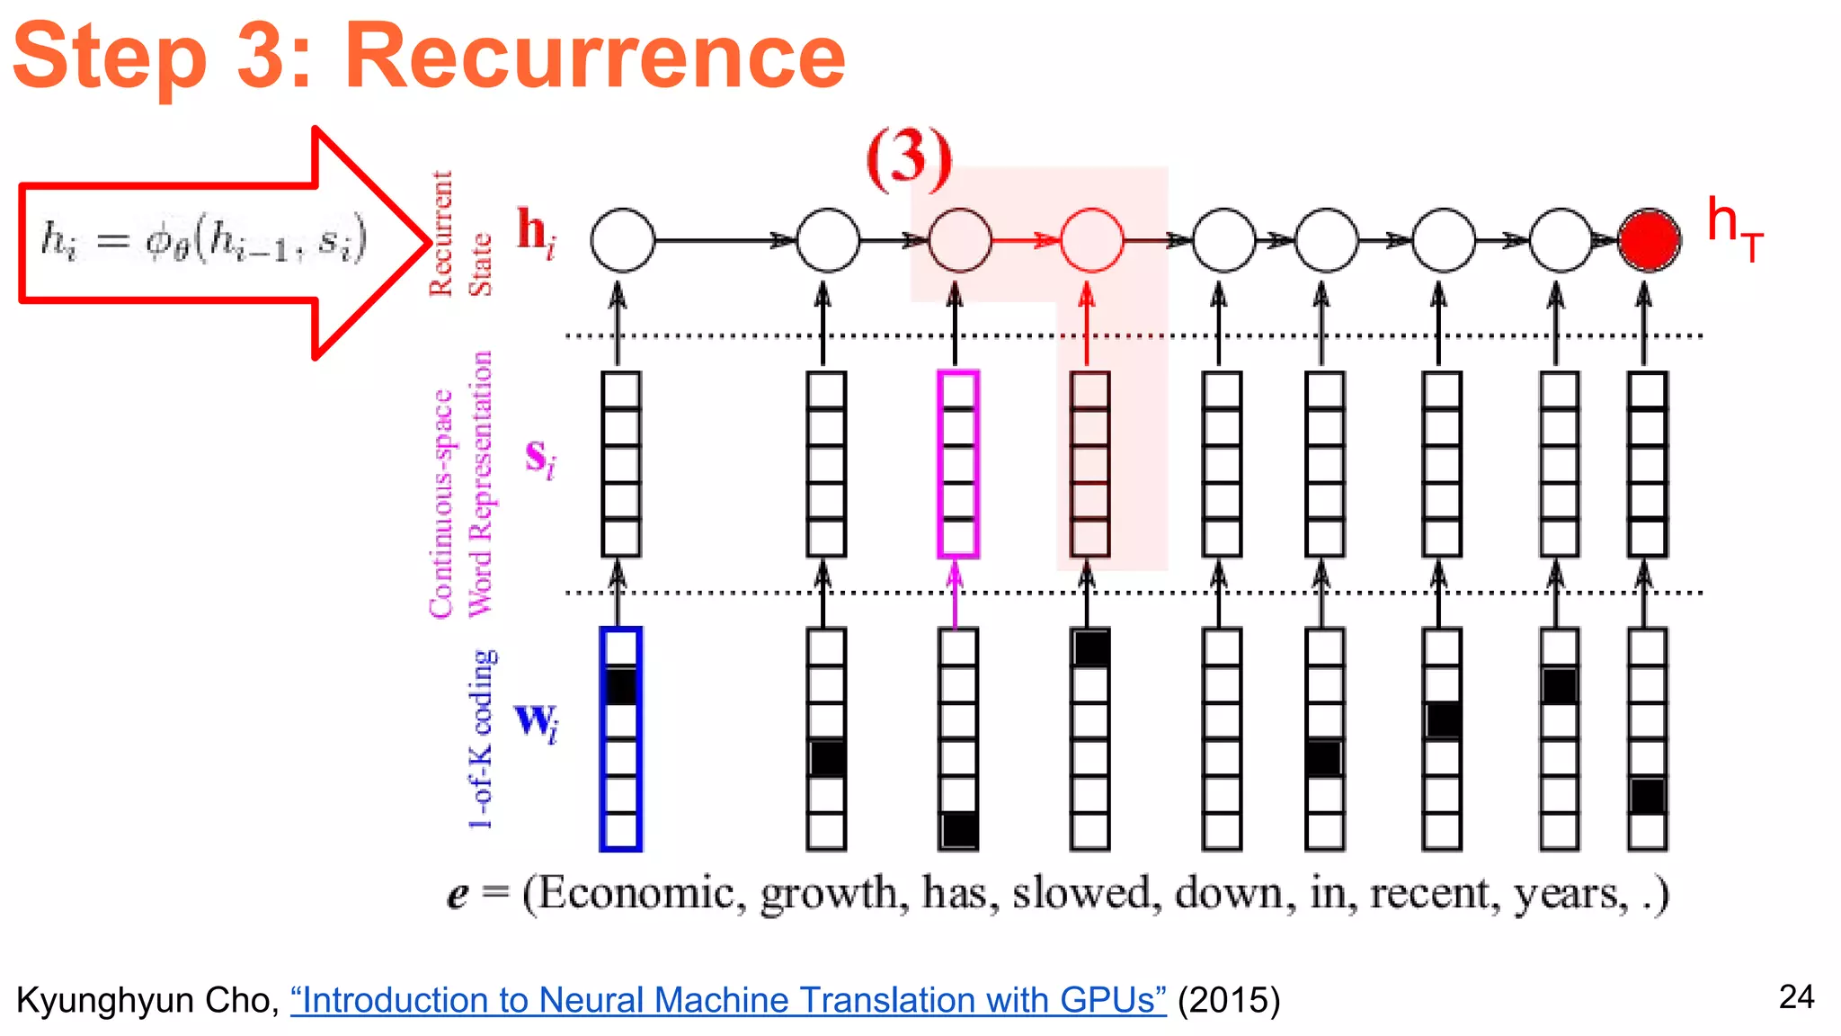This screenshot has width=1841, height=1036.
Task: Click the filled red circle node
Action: pyautogui.click(x=1649, y=240)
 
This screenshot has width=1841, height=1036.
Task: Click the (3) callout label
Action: pyautogui.click(x=908, y=158)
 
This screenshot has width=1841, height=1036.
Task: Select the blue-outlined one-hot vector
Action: pyautogui.click(x=620, y=738)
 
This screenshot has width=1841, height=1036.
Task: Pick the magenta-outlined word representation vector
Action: pyautogui.click(x=957, y=463)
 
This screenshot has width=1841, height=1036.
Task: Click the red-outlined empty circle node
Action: pyautogui.click(x=1091, y=240)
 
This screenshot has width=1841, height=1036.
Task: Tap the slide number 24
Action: pyautogui.click(x=1796, y=996)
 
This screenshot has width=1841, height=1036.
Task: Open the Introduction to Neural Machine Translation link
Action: pyautogui.click(x=728, y=1000)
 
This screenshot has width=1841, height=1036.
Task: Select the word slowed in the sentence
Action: pyautogui.click(x=1081, y=894)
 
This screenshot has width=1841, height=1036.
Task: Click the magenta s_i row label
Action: pyautogui.click(x=539, y=458)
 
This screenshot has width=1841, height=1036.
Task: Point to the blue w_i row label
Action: pyautogui.click(x=537, y=721)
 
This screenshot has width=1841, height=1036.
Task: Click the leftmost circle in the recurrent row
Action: pyautogui.click(x=622, y=240)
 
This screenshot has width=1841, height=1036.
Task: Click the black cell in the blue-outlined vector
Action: pyautogui.click(x=620, y=685)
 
